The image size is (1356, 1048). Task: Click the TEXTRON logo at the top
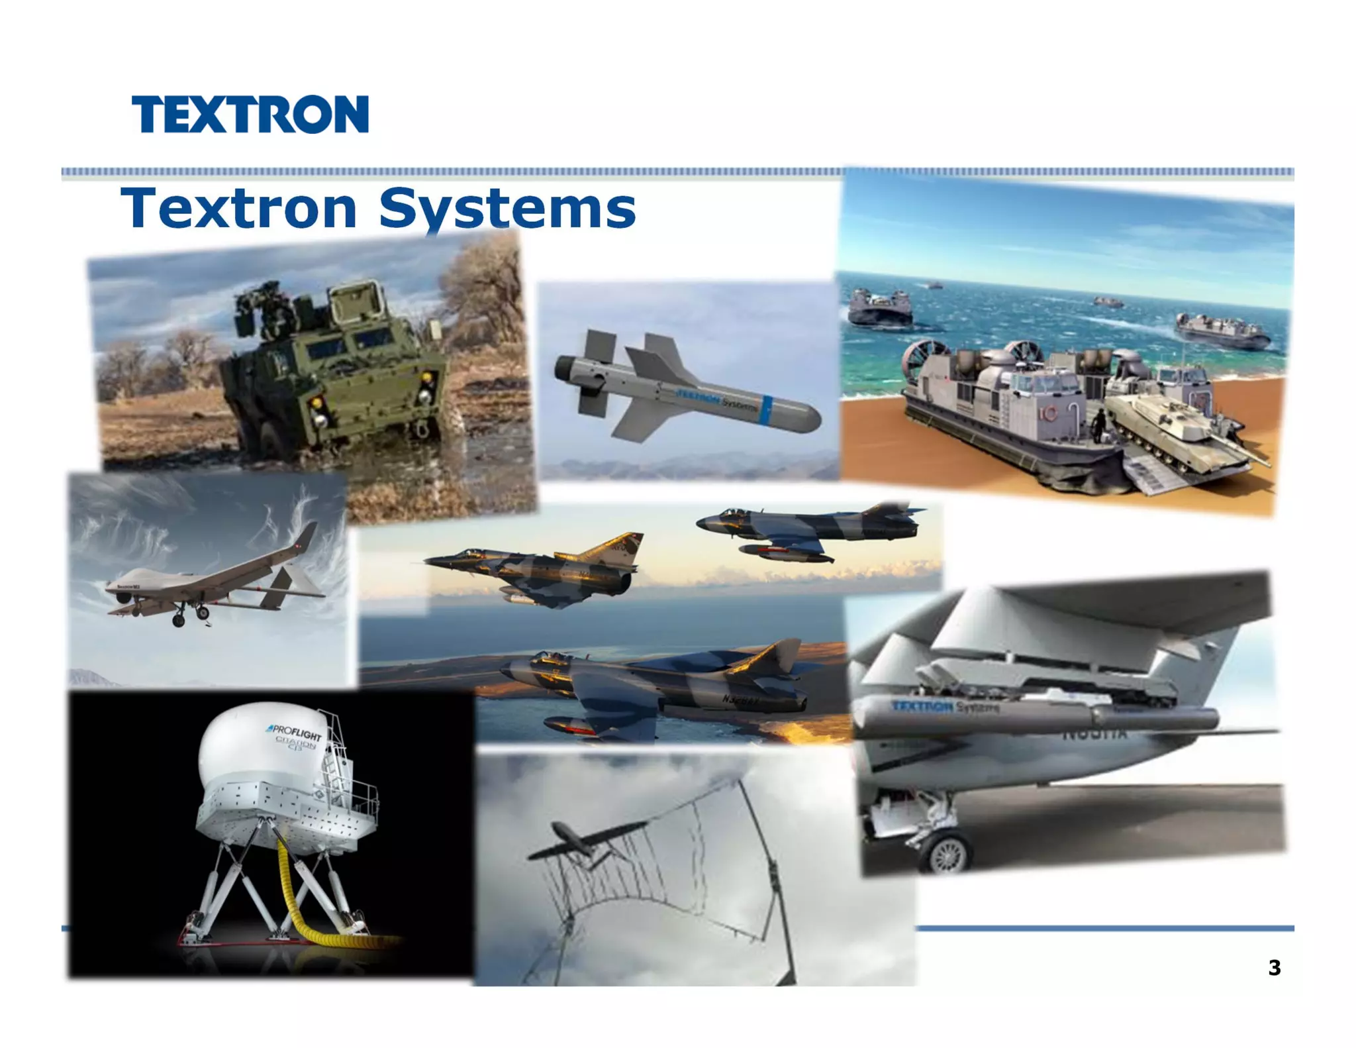pyautogui.click(x=250, y=115)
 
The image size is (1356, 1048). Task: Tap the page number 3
pyautogui.click(x=1274, y=968)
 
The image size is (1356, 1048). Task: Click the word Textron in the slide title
pyautogui.click(x=238, y=208)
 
